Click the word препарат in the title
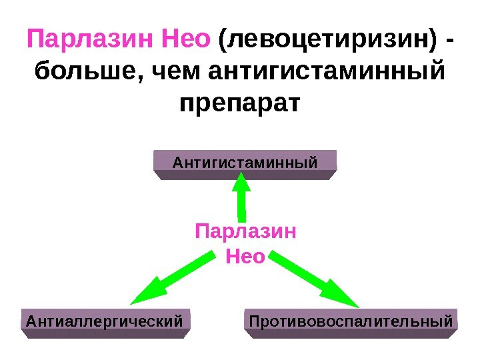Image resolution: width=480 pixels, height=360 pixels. point(240,105)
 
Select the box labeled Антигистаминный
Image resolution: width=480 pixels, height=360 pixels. point(245,162)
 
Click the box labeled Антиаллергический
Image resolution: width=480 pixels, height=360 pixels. point(104,322)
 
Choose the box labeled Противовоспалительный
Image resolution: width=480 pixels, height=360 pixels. point(351,322)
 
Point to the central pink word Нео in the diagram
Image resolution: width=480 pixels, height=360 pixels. point(245,255)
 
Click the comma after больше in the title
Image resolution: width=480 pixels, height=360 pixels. point(142,80)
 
